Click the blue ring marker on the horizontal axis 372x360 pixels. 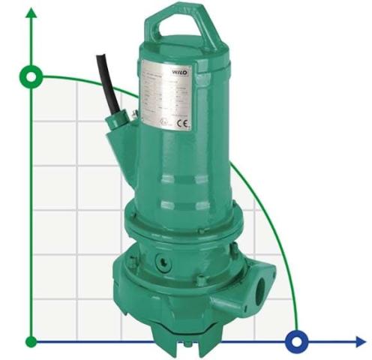(x=298, y=342)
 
